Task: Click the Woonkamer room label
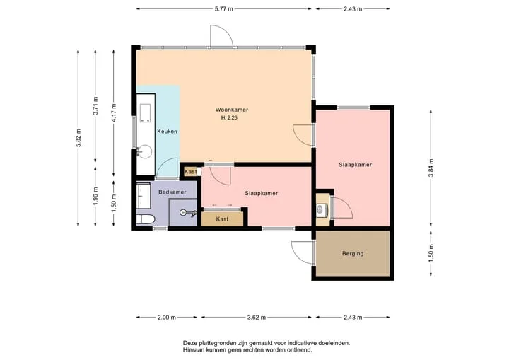click(x=232, y=110)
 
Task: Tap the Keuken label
click(x=167, y=132)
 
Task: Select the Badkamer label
click(x=172, y=192)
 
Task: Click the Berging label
click(x=353, y=253)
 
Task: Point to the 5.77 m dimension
click(x=223, y=9)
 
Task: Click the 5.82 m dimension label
click(x=78, y=138)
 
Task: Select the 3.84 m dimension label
click(x=431, y=168)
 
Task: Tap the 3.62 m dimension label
click(x=257, y=318)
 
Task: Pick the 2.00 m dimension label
click(x=167, y=318)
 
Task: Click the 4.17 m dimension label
click(x=114, y=112)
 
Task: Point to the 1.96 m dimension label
click(x=95, y=196)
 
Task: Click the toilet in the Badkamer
click(x=145, y=220)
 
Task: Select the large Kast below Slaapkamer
click(x=223, y=219)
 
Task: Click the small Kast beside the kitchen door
click(x=190, y=172)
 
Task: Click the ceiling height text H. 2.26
click(x=229, y=118)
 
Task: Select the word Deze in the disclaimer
click(x=189, y=343)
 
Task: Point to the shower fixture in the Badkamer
click(x=188, y=213)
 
